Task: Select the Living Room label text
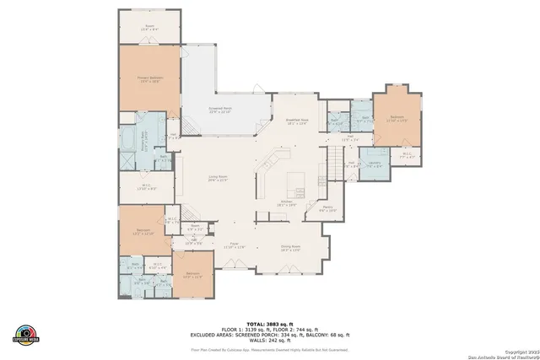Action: click(219, 178)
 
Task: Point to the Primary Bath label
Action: click(143, 133)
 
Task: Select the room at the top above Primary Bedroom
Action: click(149, 27)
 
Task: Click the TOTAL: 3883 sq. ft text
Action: click(269, 324)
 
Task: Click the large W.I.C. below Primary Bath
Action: click(143, 188)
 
